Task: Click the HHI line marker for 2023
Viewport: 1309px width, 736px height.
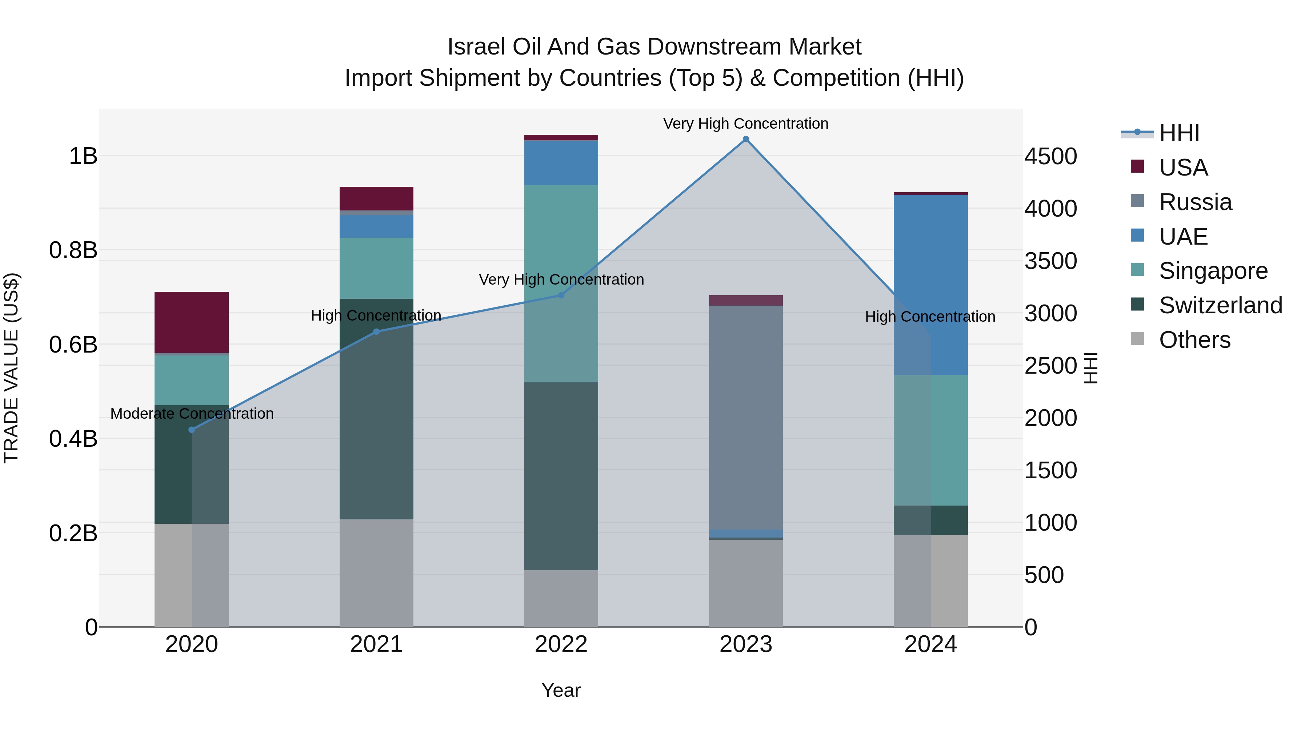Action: click(x=745, y=139)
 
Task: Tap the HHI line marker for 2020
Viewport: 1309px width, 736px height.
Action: click(x=192, y=430)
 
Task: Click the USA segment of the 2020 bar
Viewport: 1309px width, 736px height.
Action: click(x=192, y=322)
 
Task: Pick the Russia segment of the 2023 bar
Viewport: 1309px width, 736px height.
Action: click(x=745, y=417)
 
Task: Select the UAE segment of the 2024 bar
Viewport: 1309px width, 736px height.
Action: click(x=930, y=285)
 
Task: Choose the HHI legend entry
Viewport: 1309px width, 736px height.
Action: click(x=1179, y=133)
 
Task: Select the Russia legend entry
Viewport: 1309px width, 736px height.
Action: click(x=1195, y=202)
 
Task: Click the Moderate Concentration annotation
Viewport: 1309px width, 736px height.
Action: click(x=192, y=414)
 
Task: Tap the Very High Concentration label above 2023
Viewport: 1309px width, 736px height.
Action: click(x=745, y=124)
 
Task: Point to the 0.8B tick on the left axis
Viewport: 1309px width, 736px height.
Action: click(x=73, y=250)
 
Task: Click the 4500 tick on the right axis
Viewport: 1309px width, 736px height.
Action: click(x=1050, y=156)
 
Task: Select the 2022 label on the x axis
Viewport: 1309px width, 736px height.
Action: click(x=561, y=644)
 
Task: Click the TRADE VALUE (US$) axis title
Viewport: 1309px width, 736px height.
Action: click(x=11, y=368)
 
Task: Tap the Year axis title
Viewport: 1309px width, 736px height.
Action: click(x=561, y=690)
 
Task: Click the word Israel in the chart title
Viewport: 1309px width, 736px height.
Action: click(x=476, y=47)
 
